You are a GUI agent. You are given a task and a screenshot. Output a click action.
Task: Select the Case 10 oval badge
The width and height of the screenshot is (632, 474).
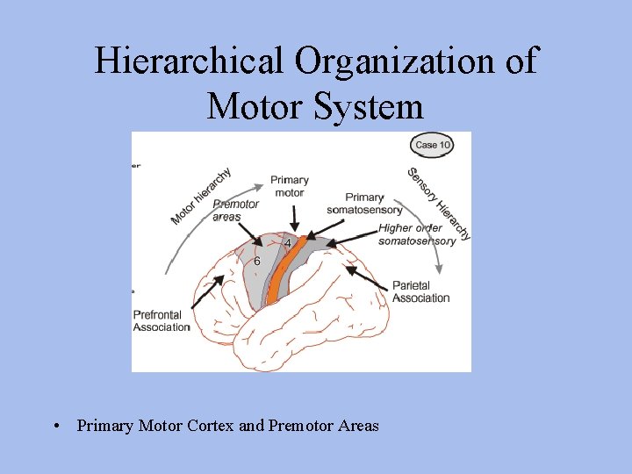point(433,145)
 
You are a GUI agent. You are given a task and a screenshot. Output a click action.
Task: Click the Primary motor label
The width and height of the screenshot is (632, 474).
point(289,186)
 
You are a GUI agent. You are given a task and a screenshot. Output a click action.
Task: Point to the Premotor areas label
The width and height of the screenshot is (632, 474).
point(235,210)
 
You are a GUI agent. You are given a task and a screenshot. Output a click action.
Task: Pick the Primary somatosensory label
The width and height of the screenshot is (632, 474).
point(364,204)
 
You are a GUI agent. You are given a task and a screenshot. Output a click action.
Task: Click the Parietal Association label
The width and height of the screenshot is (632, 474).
point(420,292)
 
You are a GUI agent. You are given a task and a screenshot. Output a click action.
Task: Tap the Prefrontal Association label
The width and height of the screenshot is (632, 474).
point(161,321)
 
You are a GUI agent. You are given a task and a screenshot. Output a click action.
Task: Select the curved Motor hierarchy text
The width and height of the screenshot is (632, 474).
point(201,195)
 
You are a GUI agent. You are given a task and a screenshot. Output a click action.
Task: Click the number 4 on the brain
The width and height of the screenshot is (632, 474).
point(288,242)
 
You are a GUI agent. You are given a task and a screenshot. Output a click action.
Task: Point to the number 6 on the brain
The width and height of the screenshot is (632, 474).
point(256,261)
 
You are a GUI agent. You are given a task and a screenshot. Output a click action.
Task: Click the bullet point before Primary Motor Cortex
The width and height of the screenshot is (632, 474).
point(56,427)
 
